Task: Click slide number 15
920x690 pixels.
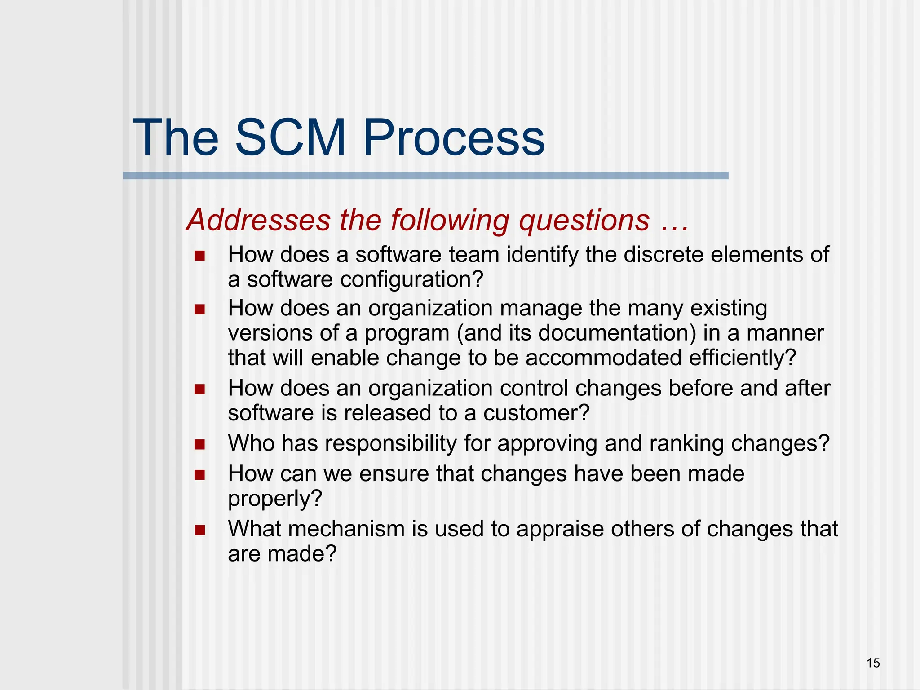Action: (x=873, y=663)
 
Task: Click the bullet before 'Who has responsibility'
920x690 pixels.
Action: (x=199, y=445)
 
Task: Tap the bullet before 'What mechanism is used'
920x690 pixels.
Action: (x=199, y=530)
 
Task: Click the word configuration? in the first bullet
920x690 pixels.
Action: (x=411, y=279)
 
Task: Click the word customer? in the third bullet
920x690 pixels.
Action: (x=536, y=413)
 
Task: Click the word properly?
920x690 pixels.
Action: (x=275, y=499)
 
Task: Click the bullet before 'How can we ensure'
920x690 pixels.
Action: (x=199, y=475)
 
